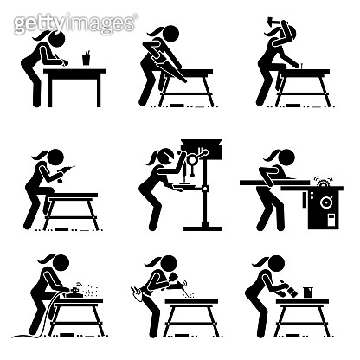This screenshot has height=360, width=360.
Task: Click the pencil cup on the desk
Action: (87, 59)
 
